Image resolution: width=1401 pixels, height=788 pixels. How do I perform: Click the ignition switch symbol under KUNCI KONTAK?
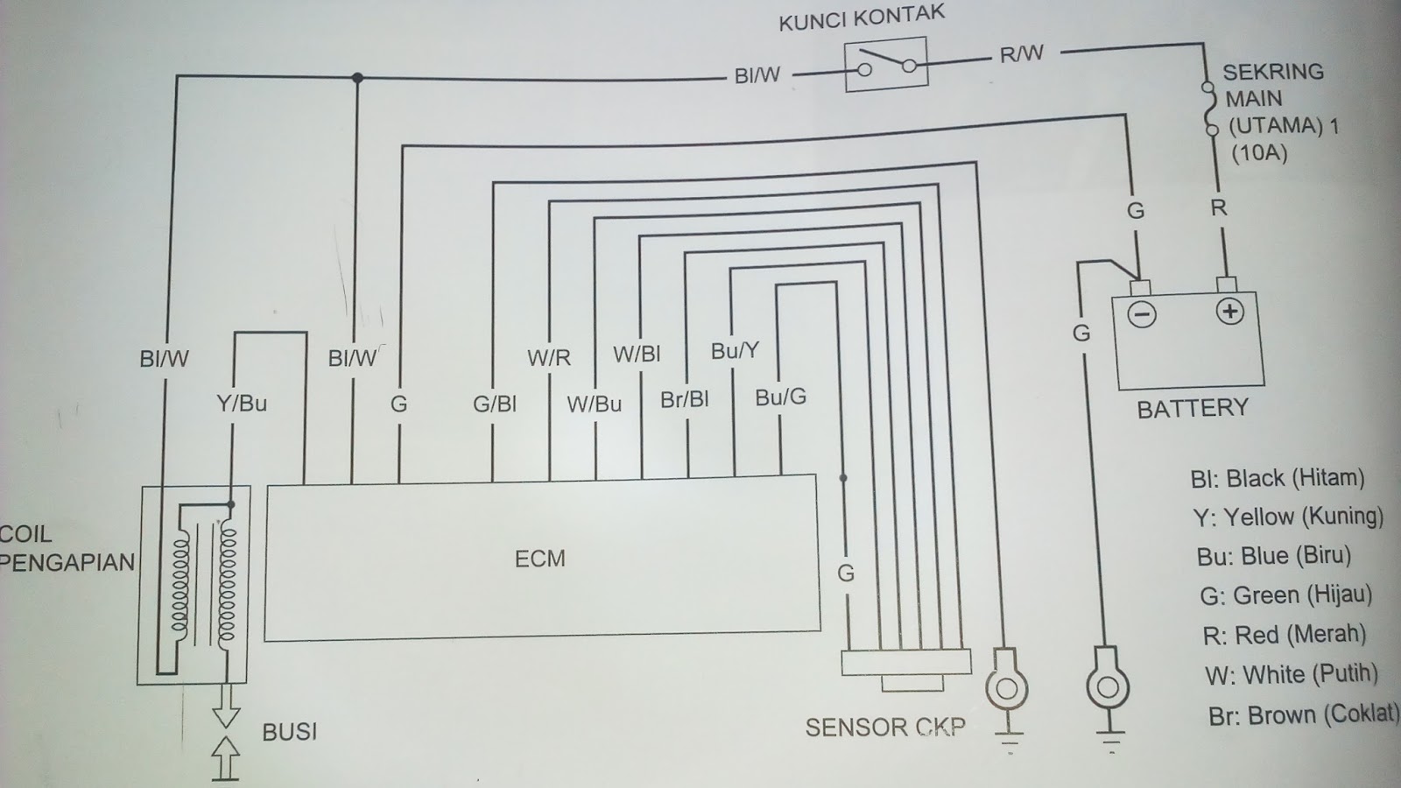click(x=885, y=66)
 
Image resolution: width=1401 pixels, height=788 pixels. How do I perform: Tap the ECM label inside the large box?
click(x=540, y=559)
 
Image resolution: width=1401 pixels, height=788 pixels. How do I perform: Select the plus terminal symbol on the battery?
click(x=1230, y=311)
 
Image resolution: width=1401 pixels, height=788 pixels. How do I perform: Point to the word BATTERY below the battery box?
click(x=1192, y=408)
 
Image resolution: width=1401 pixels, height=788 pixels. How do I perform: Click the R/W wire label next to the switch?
click(x=1022, y=54)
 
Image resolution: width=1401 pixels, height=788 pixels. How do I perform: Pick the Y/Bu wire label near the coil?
click(x=241, y=404)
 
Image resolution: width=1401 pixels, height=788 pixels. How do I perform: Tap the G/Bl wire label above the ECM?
click(x=495, y=404)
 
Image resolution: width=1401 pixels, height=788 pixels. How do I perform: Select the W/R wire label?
click(x=549, y=357)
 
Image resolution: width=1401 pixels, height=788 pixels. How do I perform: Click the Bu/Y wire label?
click(x=735, y=351)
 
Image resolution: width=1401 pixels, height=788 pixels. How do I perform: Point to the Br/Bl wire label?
click(x=685, y=399)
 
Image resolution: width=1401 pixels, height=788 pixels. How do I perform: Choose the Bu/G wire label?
click(x=780, y=398)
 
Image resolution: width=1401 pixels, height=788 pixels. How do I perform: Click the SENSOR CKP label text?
click(x=884, y=728)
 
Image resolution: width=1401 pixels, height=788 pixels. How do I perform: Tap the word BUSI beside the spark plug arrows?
click(x=290, y=731)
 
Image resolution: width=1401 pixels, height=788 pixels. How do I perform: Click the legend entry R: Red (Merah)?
click(x=1284, y=634)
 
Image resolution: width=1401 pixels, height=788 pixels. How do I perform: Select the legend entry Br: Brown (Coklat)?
click(x=1304, y=714)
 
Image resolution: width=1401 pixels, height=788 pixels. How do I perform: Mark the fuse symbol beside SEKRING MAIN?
click(x=1210, y=109)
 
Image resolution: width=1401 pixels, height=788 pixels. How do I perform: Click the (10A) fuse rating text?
click(x=1259, y=153)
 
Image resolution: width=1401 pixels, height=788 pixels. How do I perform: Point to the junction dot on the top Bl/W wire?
click(x=357, y=78)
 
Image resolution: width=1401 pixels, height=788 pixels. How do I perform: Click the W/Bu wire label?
click(x=594, y=404)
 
